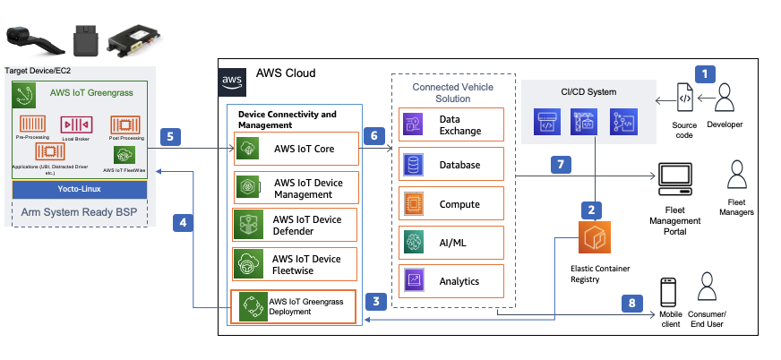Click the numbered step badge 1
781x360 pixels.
(x=708, y=73)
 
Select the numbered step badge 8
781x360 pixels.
(x=633, y=304)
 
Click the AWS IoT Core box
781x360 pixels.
(x=296, y=148)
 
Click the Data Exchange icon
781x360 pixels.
(x=414, y=125)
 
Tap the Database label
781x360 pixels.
(x=459, y=165)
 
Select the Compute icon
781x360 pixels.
(x=414, y=204)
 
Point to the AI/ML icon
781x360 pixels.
(x=414, y=243)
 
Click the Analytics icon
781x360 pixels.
(x=414, y=281)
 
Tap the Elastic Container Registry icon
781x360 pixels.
(x=592, y=239)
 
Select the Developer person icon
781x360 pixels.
(x=724, y=97)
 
